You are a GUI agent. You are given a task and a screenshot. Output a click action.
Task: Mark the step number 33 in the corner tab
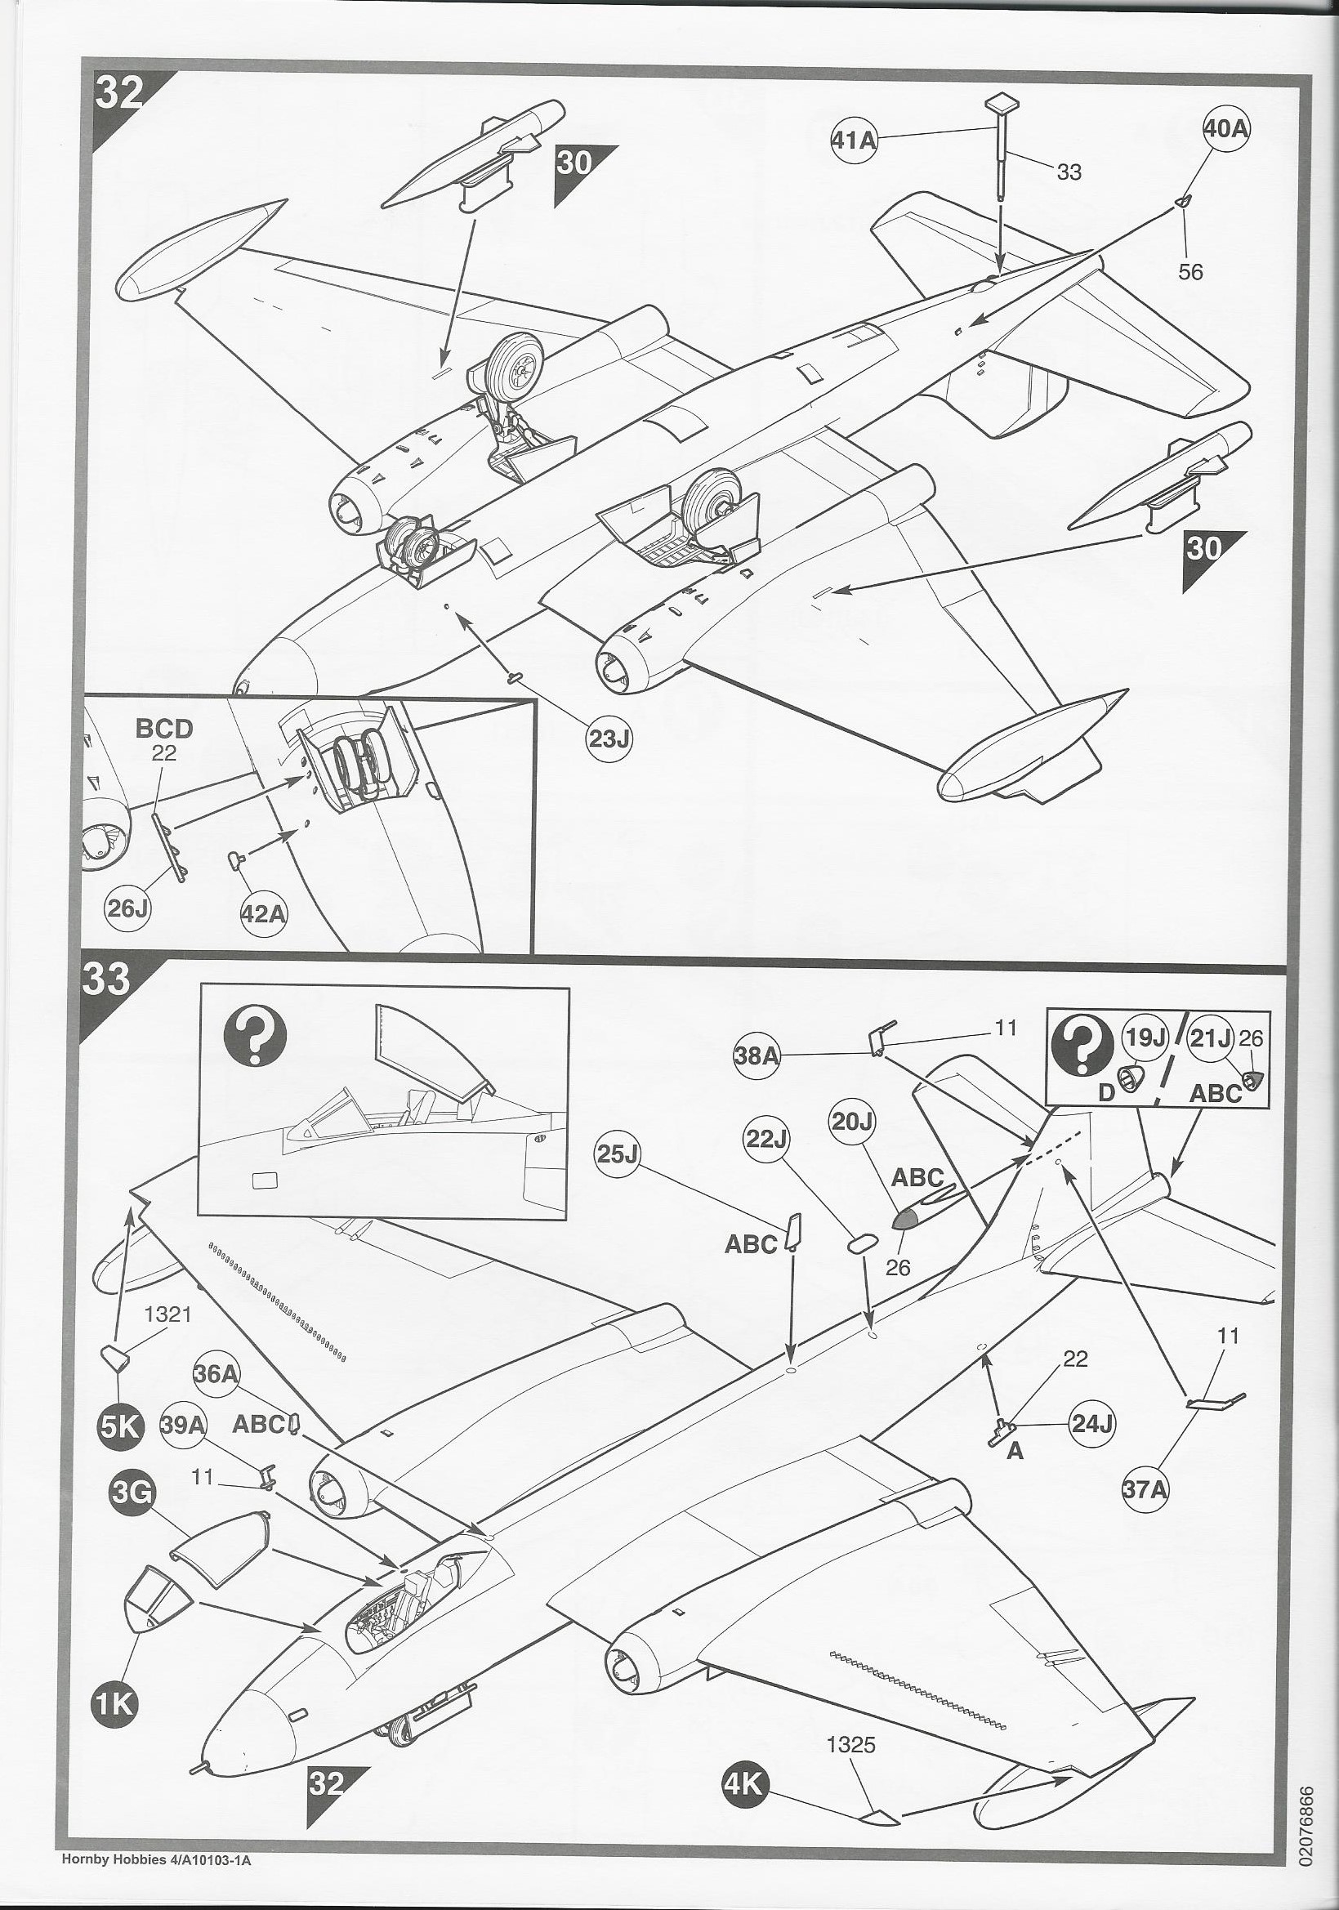pos(106,979)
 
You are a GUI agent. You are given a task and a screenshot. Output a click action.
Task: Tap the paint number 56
pos(1191,272)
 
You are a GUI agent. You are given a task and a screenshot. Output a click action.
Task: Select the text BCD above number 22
pos(164,729)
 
